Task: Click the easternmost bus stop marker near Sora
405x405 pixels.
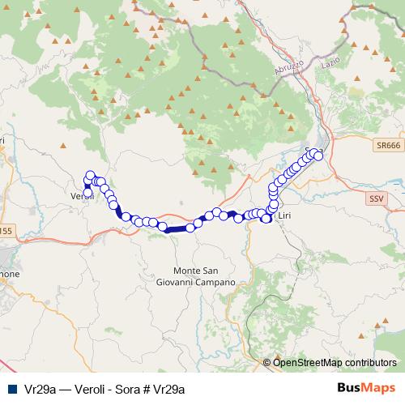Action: (x=318, y=155)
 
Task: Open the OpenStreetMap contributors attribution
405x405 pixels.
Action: (x=335, y=362)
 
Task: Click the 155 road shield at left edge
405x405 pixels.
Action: (x=5, y=231)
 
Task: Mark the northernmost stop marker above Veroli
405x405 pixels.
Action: (x=90, y=175)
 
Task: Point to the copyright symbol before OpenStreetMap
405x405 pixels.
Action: (x=267, y=362)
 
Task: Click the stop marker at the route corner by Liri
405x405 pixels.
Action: (x=266, y=219)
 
